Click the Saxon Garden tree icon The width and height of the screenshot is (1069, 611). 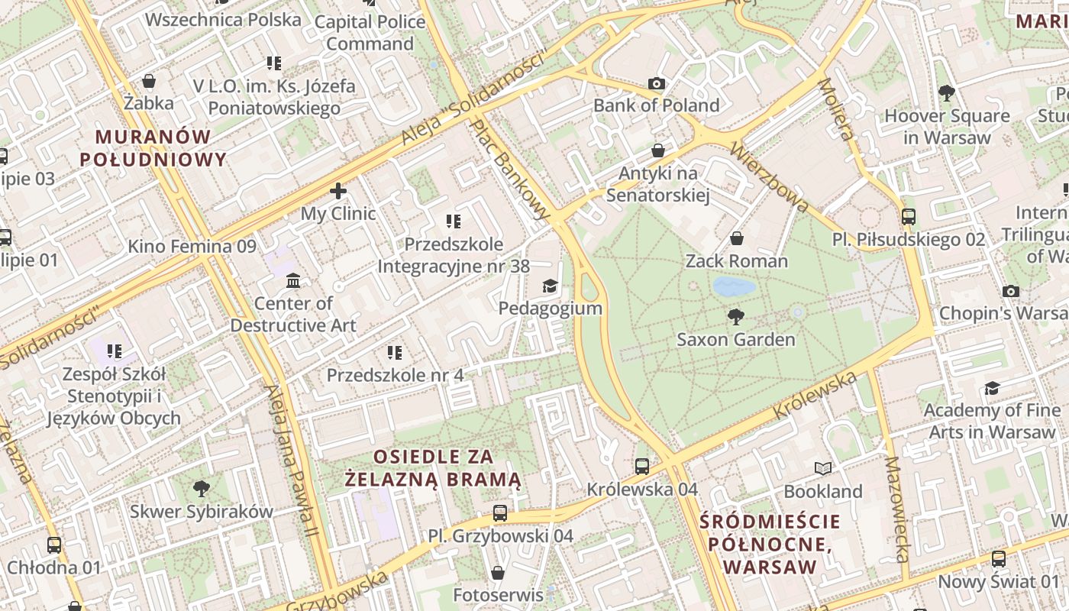click(x=736, y=316)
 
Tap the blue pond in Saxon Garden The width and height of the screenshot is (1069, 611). click(x=734, y=287)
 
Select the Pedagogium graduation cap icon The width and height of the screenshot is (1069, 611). click(x=550, y=286)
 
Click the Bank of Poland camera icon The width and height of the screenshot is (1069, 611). click(x=656, y=83)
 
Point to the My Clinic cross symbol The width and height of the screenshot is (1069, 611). click(x=338, y=191)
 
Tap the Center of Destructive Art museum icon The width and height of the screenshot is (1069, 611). click(x=293, y=281)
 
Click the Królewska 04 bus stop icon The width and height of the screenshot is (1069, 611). click(x=642, y=466)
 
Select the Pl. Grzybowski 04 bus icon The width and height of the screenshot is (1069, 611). click(x=500, y=512)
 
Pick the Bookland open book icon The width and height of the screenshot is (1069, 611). click(x=822, y=468)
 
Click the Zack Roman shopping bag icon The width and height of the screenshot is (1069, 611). click(x=737, y=238)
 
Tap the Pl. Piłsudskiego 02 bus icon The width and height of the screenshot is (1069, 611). click(x=909, y=216)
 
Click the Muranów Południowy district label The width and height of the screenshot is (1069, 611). click(x=153, y=148)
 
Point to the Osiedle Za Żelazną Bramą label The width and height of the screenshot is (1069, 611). click(x=433, y=468)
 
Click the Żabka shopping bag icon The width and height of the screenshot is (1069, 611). click(x=149, y=81)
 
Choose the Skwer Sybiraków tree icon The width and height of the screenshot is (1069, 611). click(x=202, y=488)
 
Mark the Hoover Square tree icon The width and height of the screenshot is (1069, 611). click(x=947, y=93)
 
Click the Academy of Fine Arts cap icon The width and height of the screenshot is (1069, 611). click(x=992, y=389)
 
